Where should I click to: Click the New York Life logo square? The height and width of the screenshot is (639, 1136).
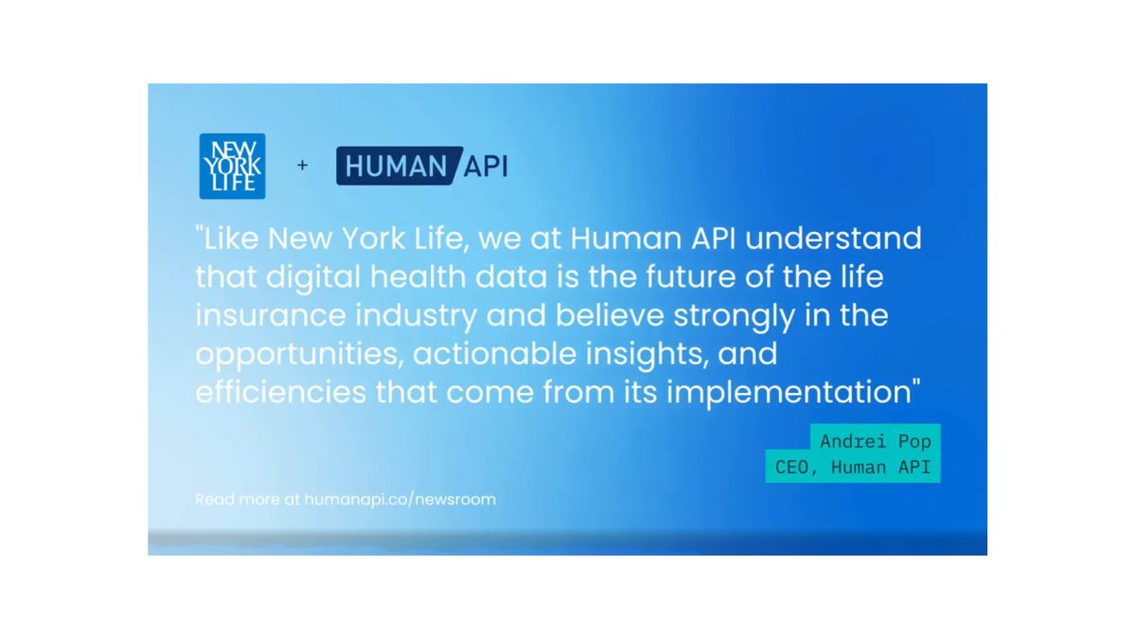(x=232, y=167)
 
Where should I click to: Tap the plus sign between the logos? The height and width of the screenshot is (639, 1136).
(x=302, y=166)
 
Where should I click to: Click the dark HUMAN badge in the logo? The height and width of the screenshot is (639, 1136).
(x=399, y=166)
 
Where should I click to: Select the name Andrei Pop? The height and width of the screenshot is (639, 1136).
(x=876, y=442)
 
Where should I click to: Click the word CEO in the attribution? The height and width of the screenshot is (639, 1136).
(x=791, y=467)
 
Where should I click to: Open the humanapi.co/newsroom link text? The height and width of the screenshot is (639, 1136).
(x=400, y=500)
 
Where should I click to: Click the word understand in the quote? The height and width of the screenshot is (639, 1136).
(x=833, y=239)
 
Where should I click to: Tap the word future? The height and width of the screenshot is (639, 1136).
(x=691, y=276)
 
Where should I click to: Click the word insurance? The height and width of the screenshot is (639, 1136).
(x=271, y=315)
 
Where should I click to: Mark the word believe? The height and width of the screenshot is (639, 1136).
(x=610, y=315)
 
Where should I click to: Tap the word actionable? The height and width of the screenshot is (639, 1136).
(x=494, y=354)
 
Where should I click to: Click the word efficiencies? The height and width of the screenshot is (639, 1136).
(x=281, y=393)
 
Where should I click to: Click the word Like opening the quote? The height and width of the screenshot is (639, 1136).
(x=231, y=239)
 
